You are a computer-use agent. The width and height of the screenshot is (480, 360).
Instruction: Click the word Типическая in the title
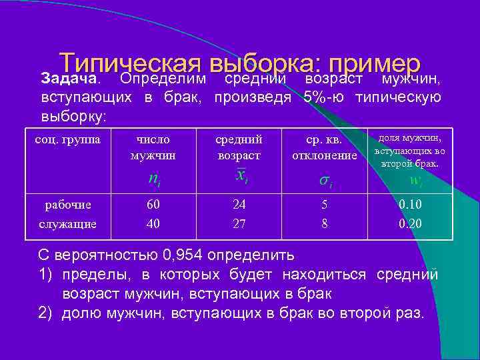click(129, 64)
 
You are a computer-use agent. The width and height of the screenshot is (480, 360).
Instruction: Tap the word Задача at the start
click(69, 79)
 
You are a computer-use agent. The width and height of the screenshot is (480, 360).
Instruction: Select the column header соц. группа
click(68, 140)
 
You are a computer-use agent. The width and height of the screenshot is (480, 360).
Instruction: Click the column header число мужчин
click(153, 147)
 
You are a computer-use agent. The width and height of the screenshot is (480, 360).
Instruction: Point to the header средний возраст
click(239, 147)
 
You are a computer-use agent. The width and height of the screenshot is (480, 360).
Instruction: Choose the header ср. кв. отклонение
click(325, 147)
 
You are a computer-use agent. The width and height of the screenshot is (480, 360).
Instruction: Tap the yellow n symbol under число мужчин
click(153, 179)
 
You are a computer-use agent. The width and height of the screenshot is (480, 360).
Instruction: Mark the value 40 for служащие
click(153, 224)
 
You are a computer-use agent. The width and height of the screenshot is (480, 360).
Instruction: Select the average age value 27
click(239, 224)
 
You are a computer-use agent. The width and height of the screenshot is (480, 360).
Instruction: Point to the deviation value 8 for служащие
click(325, 224)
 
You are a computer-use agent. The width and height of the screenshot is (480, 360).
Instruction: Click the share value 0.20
click(410, 224)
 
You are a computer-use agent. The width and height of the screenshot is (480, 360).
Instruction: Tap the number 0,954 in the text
click(183, 256)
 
